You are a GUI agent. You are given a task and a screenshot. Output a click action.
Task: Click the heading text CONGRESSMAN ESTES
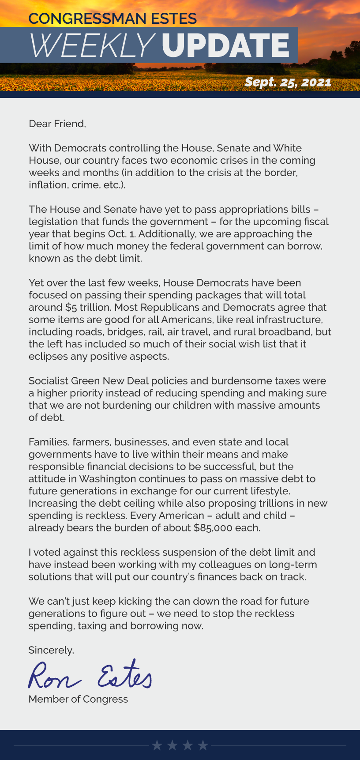112,19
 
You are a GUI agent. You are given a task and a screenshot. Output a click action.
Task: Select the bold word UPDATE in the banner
225,45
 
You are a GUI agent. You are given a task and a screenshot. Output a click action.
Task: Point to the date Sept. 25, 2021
288,82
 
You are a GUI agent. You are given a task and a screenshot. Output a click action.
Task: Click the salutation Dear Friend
57,124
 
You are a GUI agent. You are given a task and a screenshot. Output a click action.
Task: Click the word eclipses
47,357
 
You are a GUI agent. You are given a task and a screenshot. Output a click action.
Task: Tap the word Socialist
48,381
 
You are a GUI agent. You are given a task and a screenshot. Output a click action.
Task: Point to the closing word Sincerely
51,650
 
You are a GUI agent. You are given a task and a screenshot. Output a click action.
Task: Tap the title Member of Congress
78,699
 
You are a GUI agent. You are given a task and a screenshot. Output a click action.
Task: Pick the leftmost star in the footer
157,745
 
